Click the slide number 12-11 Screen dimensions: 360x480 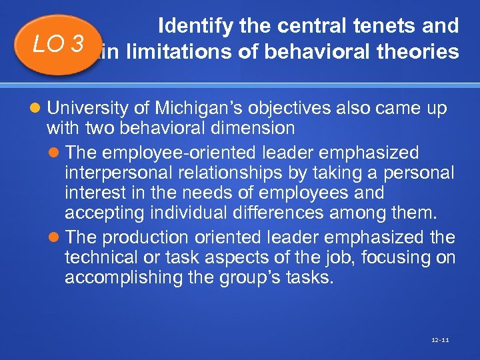[x=440, y=340]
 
